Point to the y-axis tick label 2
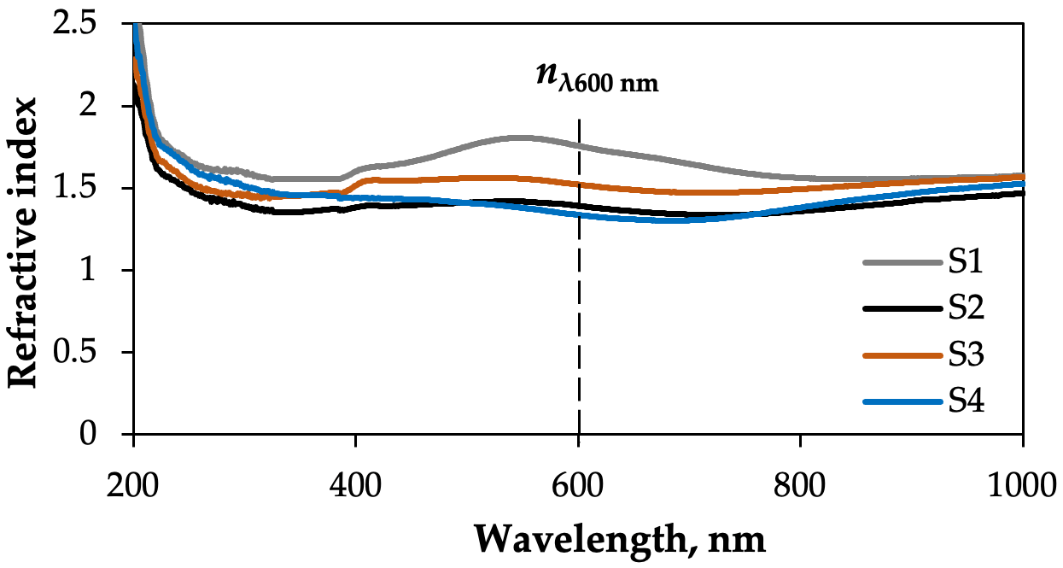tap(108, 106)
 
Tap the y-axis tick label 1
tap(108, 271)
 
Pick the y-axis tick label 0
tap(108, 435)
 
